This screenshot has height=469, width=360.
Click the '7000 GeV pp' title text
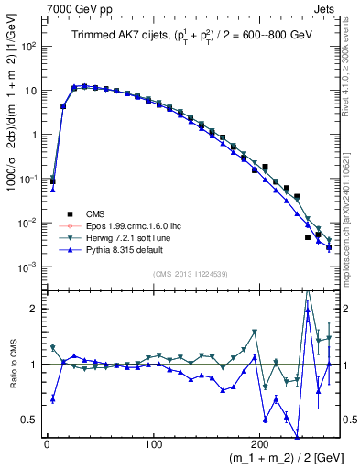coord(78,8)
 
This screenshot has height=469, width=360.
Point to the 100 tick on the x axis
coord(153,445)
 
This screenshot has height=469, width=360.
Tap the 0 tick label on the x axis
coord(47,445)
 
